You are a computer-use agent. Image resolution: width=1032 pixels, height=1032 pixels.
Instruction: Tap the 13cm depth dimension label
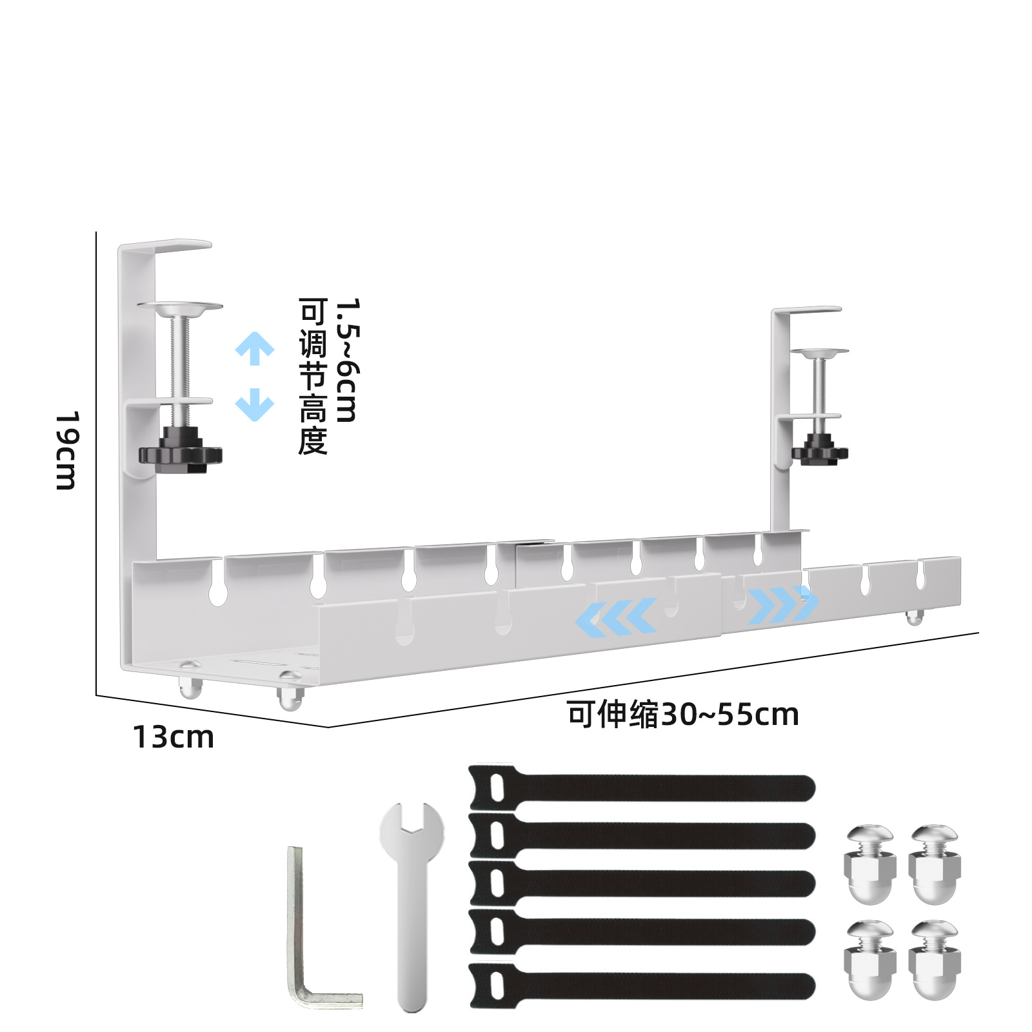tap(173, 737)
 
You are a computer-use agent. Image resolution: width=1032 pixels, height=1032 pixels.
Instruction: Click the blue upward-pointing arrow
tap(255, 348)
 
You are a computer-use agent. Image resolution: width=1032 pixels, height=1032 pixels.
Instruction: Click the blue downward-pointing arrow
tap(255, 404)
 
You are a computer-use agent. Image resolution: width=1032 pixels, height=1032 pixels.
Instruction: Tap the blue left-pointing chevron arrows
tap(616, 617)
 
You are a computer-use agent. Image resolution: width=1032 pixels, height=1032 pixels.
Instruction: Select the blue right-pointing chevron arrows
tap(783, 605)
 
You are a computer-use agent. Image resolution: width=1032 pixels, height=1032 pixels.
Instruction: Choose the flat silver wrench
tap(412, 903)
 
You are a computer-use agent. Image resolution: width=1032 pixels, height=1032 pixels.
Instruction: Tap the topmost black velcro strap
tap(642, 788)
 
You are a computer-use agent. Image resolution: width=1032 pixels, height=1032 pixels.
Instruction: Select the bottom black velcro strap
tap(642, 986)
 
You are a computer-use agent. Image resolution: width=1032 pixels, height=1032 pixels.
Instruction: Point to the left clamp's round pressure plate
tap(180, 306)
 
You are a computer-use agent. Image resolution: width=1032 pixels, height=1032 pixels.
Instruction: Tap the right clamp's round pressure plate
tap(820, 352)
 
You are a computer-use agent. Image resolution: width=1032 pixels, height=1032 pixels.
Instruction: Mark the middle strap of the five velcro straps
tap(642, 883)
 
